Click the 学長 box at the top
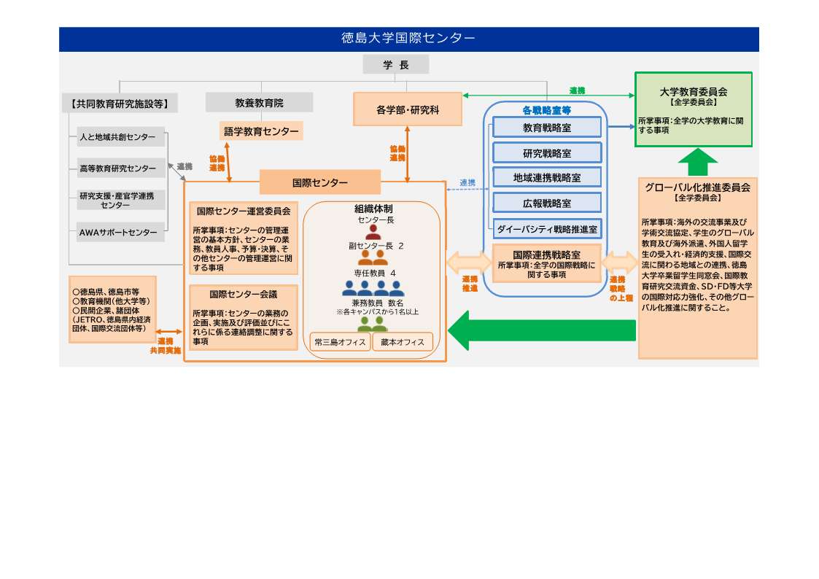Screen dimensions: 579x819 [x=395, y=65]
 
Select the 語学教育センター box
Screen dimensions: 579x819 [x=261, y=131]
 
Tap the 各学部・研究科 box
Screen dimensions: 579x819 [x=408, y=110]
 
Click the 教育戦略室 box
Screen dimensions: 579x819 [x=547, y=128]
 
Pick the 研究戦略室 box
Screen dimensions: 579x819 [x=547, y=153]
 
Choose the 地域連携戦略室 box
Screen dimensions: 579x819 [x=547, y=177]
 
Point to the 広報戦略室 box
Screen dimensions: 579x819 [x=547, y=203]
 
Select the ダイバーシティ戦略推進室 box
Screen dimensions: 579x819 [x=547, y=229]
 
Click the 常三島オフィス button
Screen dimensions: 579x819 [x=340, y=342]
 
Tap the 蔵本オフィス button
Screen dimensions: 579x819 [x=403, y=342]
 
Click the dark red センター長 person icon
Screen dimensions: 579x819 [x=373, y=233]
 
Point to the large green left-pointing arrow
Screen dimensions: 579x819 [x=540, y=330]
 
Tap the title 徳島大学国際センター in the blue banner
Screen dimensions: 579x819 [x=408, y=39]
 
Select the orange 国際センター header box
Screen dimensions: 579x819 [x=320, y=182]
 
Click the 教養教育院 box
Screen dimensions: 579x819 [x=259, y=103]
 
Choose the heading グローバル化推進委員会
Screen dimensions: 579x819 [x=698, y=187]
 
